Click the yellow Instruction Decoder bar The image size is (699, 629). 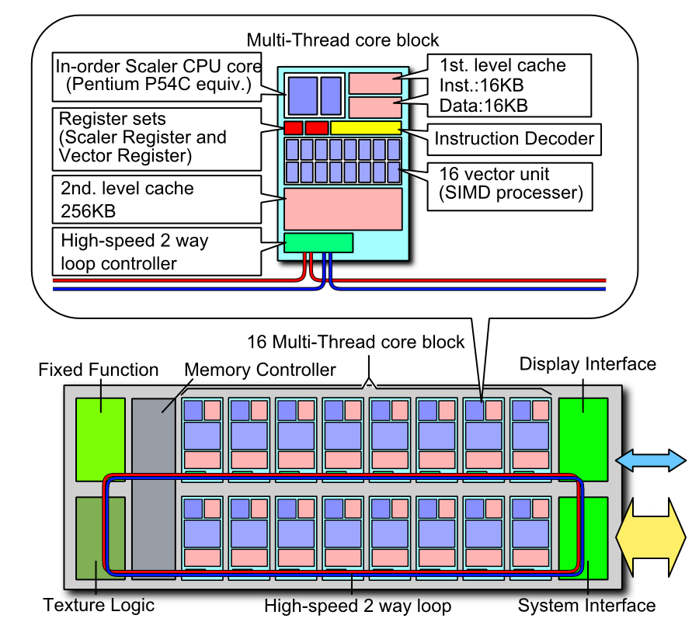click(x=366, y=127)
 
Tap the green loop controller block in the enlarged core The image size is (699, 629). click(x=318, y=242)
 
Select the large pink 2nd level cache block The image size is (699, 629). click(x=343, y=208)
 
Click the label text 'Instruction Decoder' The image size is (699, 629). click(x=514, y=139)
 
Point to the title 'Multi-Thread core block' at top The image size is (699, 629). click(x=343, y=40)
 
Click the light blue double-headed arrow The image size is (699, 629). click(x=651, y=462)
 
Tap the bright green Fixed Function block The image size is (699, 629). click(x=100, y=439)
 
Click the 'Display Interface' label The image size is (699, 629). click(x=588, y=364)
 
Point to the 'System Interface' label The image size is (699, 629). click(x=587, y=606)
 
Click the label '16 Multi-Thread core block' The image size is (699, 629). click(x=356, y=342)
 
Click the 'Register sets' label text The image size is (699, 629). click(x=113, y=120)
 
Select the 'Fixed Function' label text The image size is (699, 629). click(x=99, y=370)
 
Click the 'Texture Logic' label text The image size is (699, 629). click(x=99, y=606)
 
